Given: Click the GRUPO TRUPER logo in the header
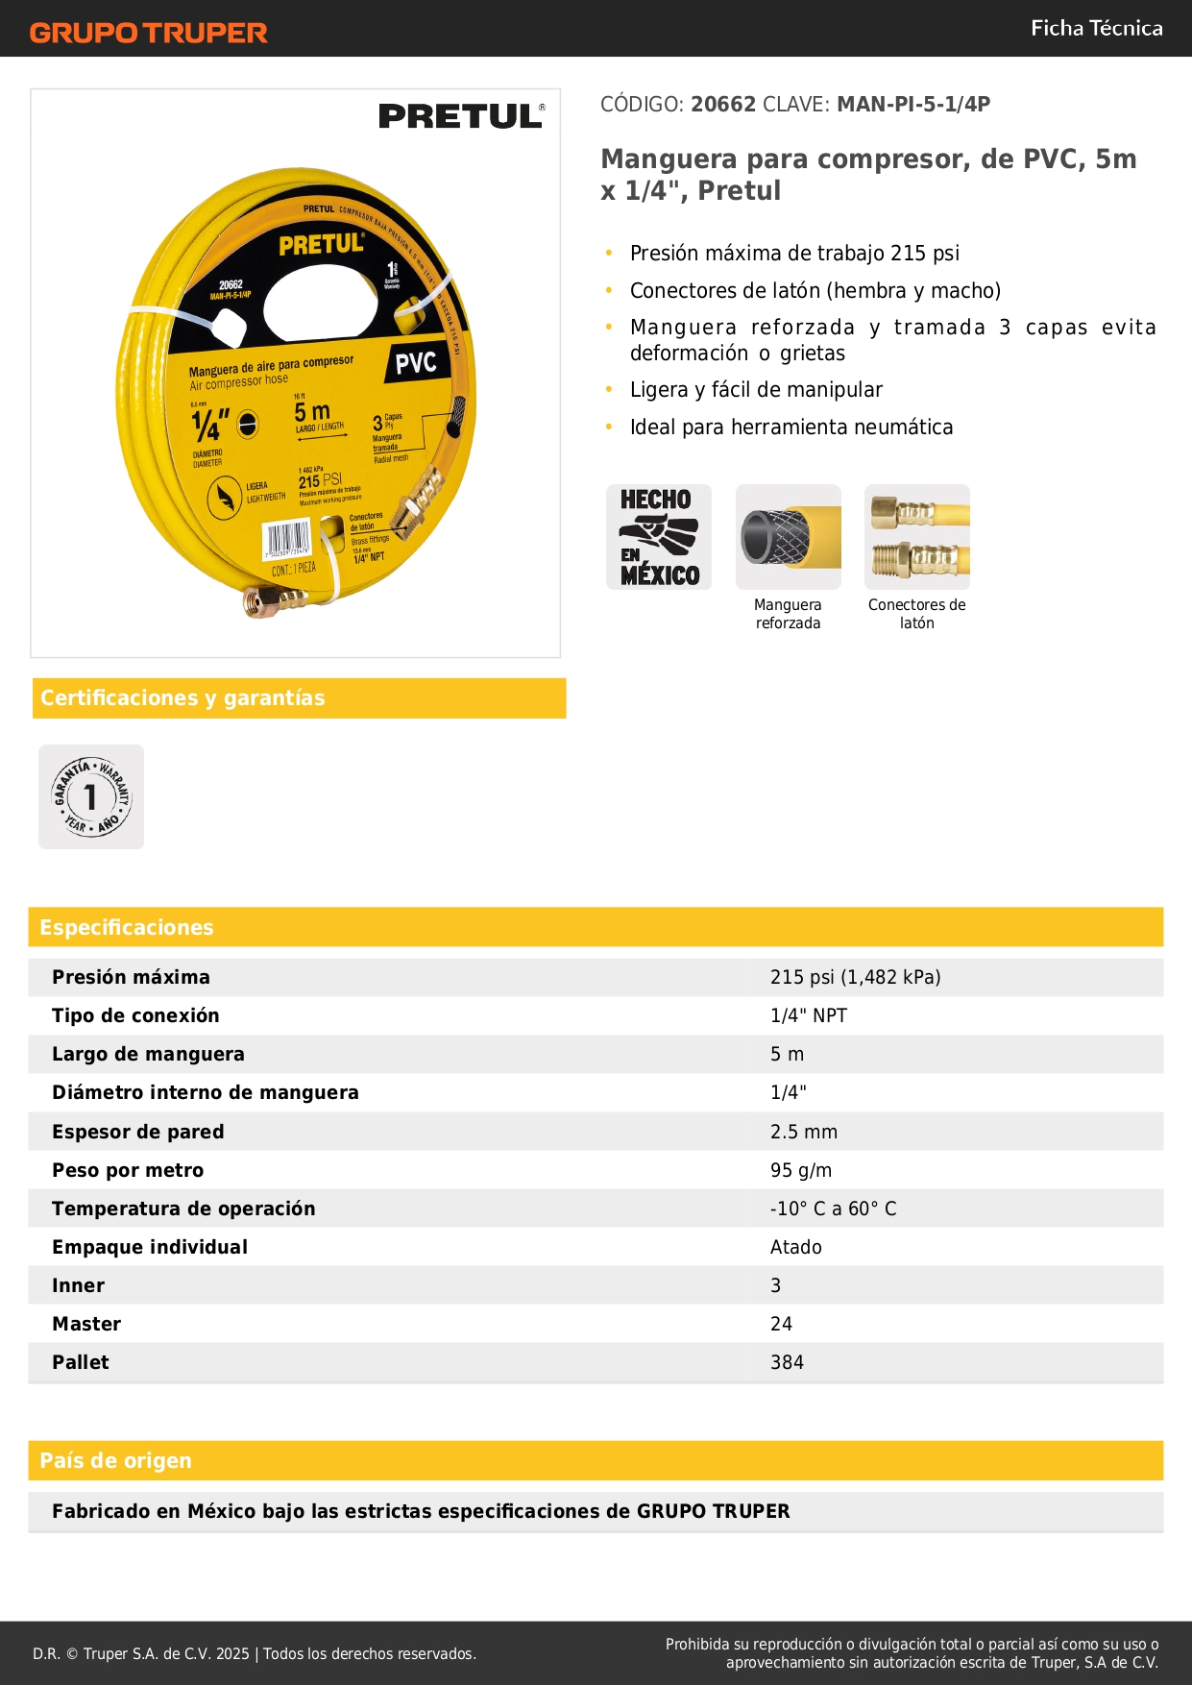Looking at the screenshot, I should point(148,33).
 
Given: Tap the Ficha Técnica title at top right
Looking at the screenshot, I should point(1096,29).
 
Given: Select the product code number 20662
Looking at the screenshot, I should point(723,105).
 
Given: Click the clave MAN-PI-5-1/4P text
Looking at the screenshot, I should point(912,105).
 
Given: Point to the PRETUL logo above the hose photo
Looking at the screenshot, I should point(461,116).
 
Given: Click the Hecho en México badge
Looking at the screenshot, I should point(659,537).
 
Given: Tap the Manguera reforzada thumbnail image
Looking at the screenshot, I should point(788,537).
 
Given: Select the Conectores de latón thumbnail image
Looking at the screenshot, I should point(916,537).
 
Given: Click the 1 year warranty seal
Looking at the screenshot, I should point(91,796).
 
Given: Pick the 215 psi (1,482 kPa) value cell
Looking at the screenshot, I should point(855,977).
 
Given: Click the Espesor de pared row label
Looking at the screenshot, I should point(138,1132).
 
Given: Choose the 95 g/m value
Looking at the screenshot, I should point(801,1170).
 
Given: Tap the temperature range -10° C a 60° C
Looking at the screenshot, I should point(833,1209).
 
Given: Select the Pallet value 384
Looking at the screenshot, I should point(787,1362).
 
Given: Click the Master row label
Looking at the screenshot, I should point(86,1324).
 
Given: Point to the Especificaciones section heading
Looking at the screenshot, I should point(127,927).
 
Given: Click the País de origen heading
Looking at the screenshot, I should point(115,1460).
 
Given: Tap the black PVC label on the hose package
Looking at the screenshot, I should point(416,362).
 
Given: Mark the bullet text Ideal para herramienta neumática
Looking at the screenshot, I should point(791,427).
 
